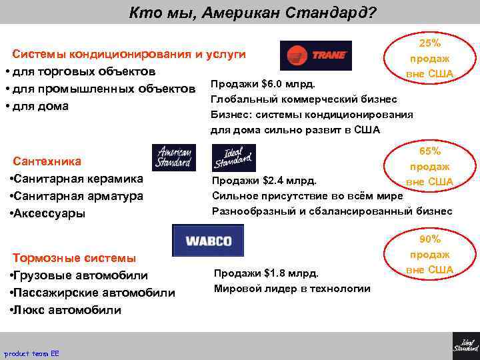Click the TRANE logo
coord(315,55)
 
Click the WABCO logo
coord(208,240)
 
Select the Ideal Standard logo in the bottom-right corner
coord(465,341)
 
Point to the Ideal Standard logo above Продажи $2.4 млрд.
coord(233,158)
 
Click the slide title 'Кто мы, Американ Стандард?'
coord(252,13)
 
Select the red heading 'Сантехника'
coord(47,161)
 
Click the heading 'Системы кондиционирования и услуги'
coord(129,53)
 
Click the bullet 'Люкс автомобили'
coord(65,310)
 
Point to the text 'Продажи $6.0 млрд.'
coord(263,84)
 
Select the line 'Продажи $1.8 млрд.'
coord(266,273)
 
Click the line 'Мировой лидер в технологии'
coord(292,288)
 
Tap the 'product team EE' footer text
coord(31,353)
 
